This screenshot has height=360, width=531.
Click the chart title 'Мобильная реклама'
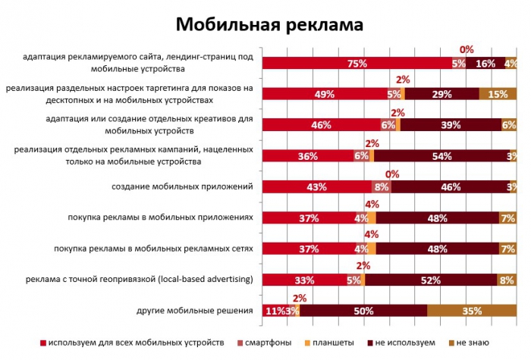pos(269,23)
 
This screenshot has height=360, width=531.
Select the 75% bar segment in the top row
pos(357,64)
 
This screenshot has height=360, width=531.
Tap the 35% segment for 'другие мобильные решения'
pos(472,310)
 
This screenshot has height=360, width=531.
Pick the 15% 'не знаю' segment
pos(498,95)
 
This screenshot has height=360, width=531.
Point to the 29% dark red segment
pos(441,95)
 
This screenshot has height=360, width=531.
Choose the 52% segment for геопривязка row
pos(431,280)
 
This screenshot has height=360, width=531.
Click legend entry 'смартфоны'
pos(265,343)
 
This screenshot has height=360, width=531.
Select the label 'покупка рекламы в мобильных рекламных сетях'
pos(154,249)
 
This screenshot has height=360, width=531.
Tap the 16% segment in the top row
pos(485,64)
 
